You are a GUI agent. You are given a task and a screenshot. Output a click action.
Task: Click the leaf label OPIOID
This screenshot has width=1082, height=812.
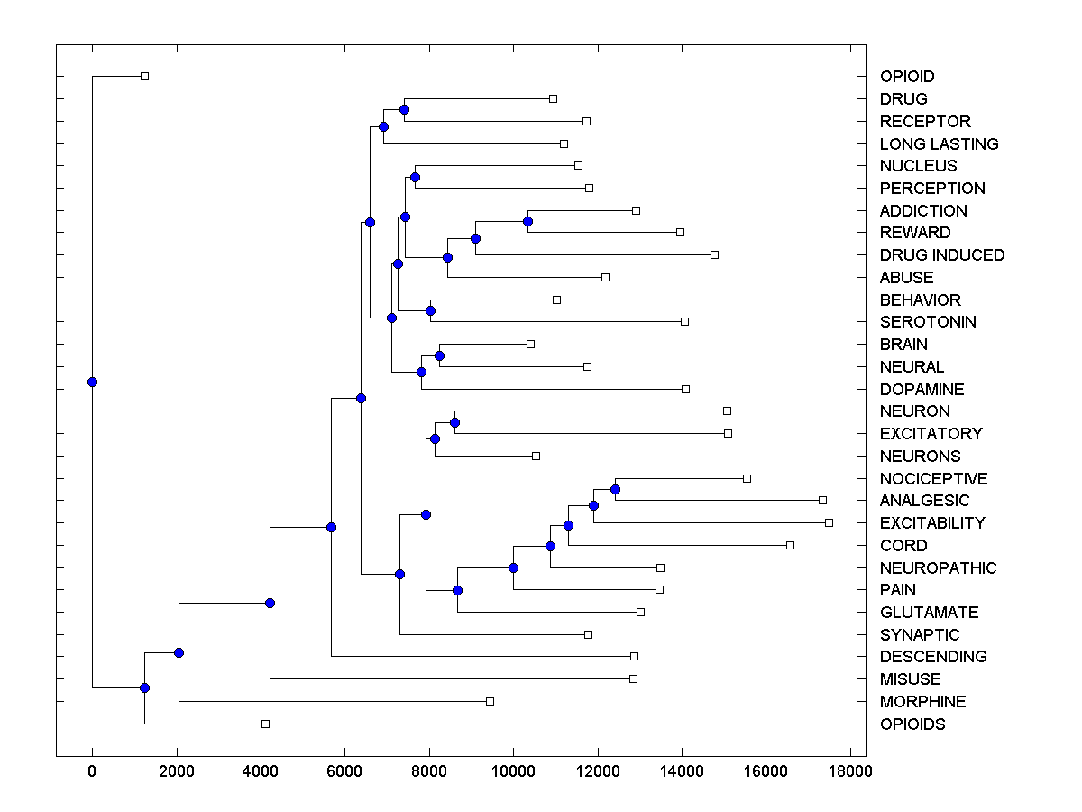[x=907, y=77]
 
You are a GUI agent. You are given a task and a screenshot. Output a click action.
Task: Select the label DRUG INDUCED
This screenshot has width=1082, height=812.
[x=942, y=255]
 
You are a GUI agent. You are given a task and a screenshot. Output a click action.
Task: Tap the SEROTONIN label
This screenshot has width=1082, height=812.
[x=928, y=322]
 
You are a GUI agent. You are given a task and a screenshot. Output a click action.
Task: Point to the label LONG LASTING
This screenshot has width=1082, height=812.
[x=939, y=143]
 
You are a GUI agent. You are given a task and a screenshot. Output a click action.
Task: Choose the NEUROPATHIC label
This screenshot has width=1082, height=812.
[x=938, y=568]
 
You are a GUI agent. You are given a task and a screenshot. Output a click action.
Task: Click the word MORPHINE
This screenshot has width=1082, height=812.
[x=922, y=702]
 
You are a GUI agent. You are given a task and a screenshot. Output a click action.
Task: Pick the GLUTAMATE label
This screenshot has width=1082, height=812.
[x=929, y=613]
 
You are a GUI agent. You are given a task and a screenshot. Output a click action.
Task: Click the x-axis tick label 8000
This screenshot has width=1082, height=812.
[x=429, y=771]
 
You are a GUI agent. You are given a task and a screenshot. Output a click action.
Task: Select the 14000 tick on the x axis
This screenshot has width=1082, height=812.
[x=682, y=771]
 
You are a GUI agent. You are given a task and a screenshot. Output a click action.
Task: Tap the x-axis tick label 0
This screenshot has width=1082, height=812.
[x=92, y=771]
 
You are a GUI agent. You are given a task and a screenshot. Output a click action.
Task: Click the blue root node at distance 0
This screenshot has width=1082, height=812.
[x=92, y=382]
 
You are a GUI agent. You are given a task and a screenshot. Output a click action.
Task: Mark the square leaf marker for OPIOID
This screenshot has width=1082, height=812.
[x=144, y=76]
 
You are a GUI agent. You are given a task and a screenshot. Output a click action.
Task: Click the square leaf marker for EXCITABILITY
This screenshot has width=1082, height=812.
[x=829, y=522]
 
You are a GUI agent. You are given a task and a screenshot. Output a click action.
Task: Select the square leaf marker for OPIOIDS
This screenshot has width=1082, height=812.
[x=265, y=724]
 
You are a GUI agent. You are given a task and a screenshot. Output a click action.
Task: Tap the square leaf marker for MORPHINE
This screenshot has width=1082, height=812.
[x=490, y=701]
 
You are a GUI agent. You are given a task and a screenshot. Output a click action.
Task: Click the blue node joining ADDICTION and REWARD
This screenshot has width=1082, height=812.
[x=527, y=221]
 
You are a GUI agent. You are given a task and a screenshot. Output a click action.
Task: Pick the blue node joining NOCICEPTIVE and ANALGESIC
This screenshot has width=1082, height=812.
[x=615, y=489]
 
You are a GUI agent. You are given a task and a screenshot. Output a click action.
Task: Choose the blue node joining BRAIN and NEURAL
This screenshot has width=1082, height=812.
[x=439, y=355]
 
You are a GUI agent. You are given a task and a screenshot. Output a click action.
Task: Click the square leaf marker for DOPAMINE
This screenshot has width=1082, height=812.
[x=685, y=389]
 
